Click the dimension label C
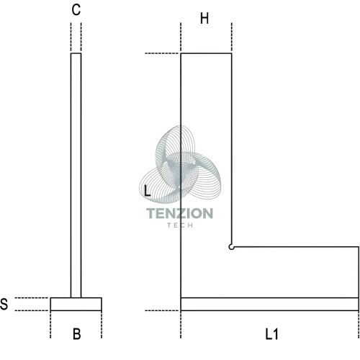click(x=76, y=10)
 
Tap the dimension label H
click(x=204, y=19)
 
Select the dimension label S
click(x=4, y=304)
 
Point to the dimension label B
click(x=76, y=334)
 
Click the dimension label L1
click(x=271, y=334)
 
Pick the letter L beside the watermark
click(x=147, y=191)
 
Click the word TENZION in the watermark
click(x=179, y=213)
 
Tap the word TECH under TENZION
click(x=180, y=225)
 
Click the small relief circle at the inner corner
click(x=231, y=247)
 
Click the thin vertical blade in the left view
click(x=76, y=176)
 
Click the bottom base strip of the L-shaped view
click(x=270, y=304)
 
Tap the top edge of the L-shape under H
click(x=206, y=53)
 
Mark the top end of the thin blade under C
click(x=76, y=53)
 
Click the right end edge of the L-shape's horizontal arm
click(x=359, y=272)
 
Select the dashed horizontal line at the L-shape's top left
click(x=163, y=53)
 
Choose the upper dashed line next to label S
click(x=32, y=298)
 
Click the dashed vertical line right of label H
click(x=232, y=37)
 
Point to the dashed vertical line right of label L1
click(x=359, y=325)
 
